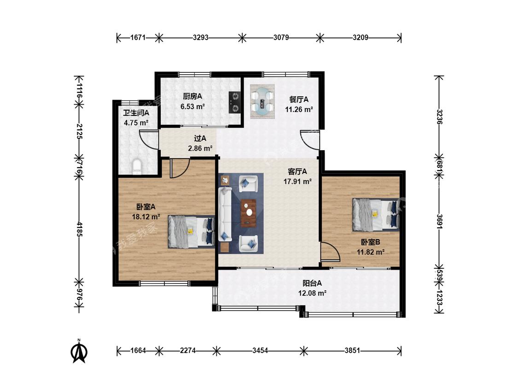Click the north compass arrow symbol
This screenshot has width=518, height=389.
[x=79, y=351]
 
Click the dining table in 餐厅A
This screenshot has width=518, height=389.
[x=262, y=101]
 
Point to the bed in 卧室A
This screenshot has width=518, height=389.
[x=191, y=232]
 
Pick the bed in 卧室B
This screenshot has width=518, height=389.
[x=376, y=214]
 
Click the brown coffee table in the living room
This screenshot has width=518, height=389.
[x=249, y=213]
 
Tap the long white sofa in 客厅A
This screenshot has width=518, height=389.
[x=225, y=214]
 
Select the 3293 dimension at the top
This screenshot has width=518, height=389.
[x=201, y=38]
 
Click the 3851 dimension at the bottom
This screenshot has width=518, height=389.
[x=352, y=351]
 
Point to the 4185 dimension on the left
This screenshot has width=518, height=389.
[x=79, y=229]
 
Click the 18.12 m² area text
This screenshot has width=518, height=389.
[x=146, y=217]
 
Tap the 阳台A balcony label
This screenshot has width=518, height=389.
[x=312, y=283]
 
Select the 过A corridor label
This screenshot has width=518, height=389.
[x=200, y=139]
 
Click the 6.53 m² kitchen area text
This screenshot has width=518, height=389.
[x=192, y=106]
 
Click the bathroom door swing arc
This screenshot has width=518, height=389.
[x=149, y=140]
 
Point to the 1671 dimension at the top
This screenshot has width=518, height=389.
[x=138, y=38]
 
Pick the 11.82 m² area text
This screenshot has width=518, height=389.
[x=370, y=252]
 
